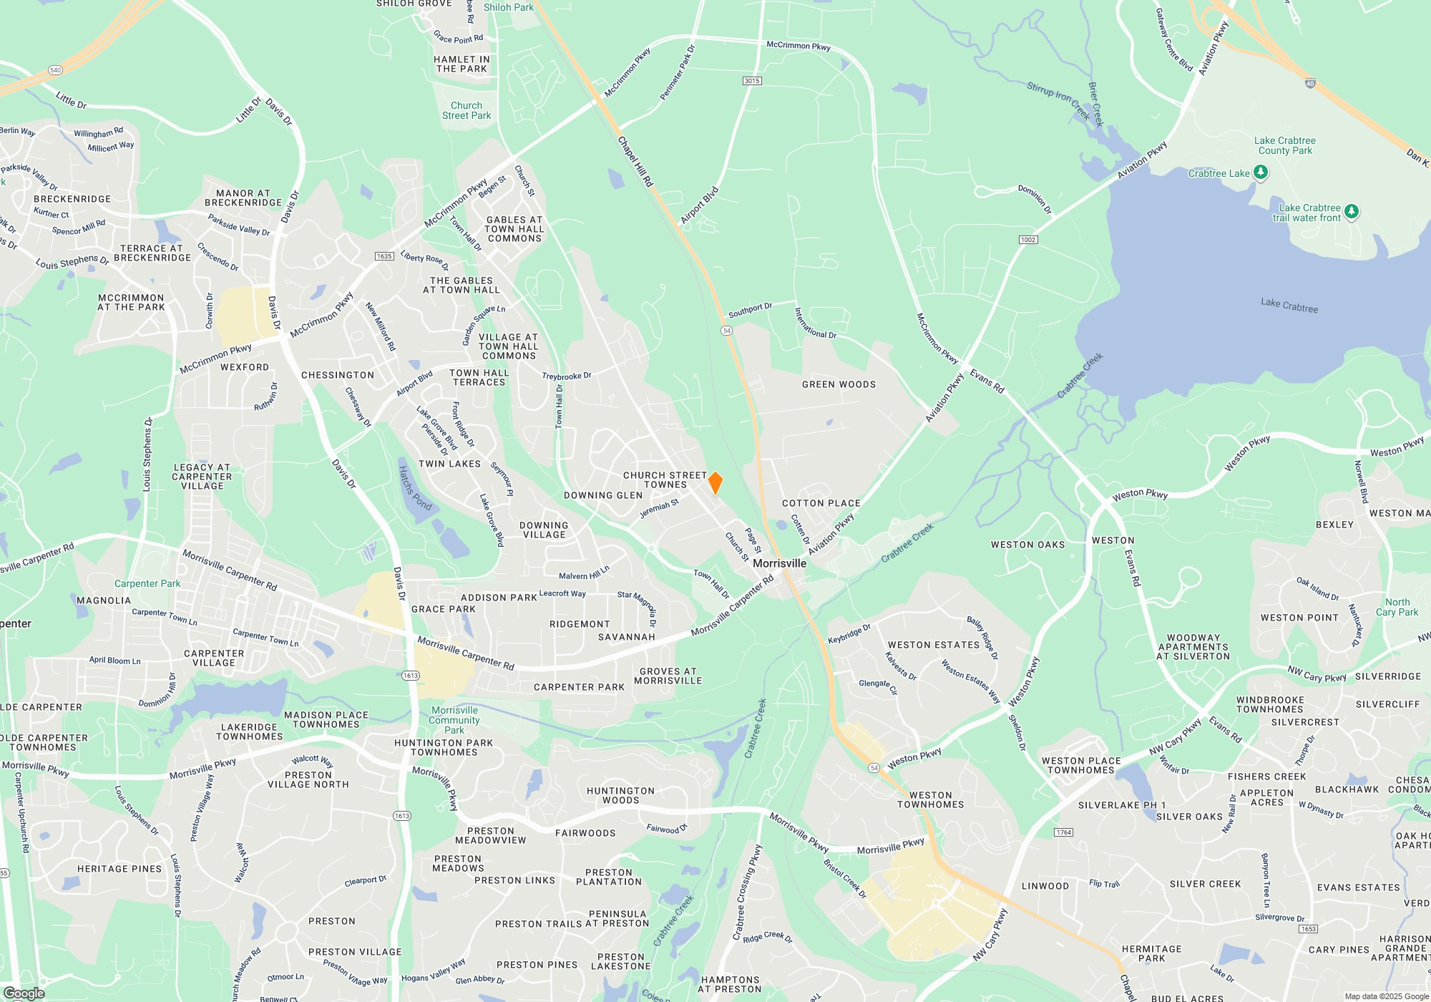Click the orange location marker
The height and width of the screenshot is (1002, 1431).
pos(715,483)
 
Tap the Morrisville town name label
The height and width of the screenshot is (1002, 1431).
pos(779,563)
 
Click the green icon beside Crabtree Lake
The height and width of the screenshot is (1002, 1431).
pos(1261,172)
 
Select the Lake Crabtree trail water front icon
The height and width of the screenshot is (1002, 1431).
pos(1351,212)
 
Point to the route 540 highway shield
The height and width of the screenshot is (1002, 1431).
pos(56,70)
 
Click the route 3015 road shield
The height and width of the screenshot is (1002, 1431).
pos(751,81)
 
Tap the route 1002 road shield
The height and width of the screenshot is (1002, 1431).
pos(1028,240)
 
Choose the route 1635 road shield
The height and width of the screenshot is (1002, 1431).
pos(384,256)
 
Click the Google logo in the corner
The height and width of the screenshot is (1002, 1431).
pos(24,993)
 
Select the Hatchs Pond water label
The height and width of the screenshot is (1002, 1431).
pos(415,488)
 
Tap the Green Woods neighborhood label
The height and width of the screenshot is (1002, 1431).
pos(839,384)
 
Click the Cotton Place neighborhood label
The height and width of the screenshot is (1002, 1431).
pos(821,503)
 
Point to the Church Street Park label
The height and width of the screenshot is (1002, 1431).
pos(467,110)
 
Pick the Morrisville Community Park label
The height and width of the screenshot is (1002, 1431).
pos(454,720)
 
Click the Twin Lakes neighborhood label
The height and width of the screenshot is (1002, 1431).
pos(449,464)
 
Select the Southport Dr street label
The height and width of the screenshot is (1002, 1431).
pos(750,310)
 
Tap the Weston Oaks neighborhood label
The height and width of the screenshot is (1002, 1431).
pos(1027,545)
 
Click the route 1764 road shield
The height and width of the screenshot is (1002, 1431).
pos(1064,832)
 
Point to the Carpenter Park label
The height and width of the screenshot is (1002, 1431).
pos(147,583)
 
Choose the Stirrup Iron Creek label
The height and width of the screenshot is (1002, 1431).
pos(1058,101)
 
